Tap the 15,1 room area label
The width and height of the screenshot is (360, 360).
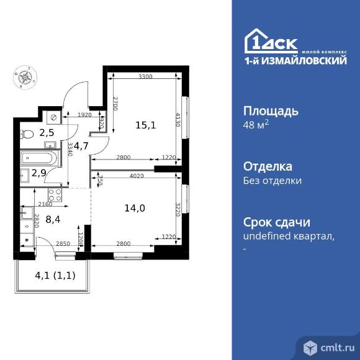[145, 125]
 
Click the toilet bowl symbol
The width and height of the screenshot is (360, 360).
[26, 132]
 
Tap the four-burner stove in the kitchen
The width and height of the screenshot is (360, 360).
[54, 195]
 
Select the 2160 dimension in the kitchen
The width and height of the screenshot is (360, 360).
[45, 204]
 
